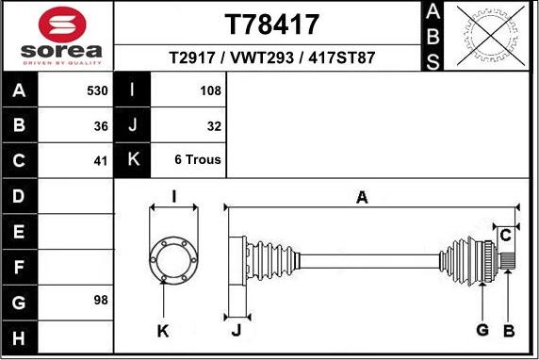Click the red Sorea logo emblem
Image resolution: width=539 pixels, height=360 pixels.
62,25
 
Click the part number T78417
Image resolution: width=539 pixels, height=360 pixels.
272,25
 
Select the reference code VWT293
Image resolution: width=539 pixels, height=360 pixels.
262,57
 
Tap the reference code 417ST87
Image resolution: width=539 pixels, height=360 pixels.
341,57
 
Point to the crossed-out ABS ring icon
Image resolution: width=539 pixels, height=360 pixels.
491,36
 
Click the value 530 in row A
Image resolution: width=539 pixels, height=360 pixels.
97,90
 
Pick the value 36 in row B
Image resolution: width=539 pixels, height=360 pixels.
101,126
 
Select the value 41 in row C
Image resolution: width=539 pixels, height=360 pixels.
101,161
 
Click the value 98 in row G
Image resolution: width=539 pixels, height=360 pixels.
101,300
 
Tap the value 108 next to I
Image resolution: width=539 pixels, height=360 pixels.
210,90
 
